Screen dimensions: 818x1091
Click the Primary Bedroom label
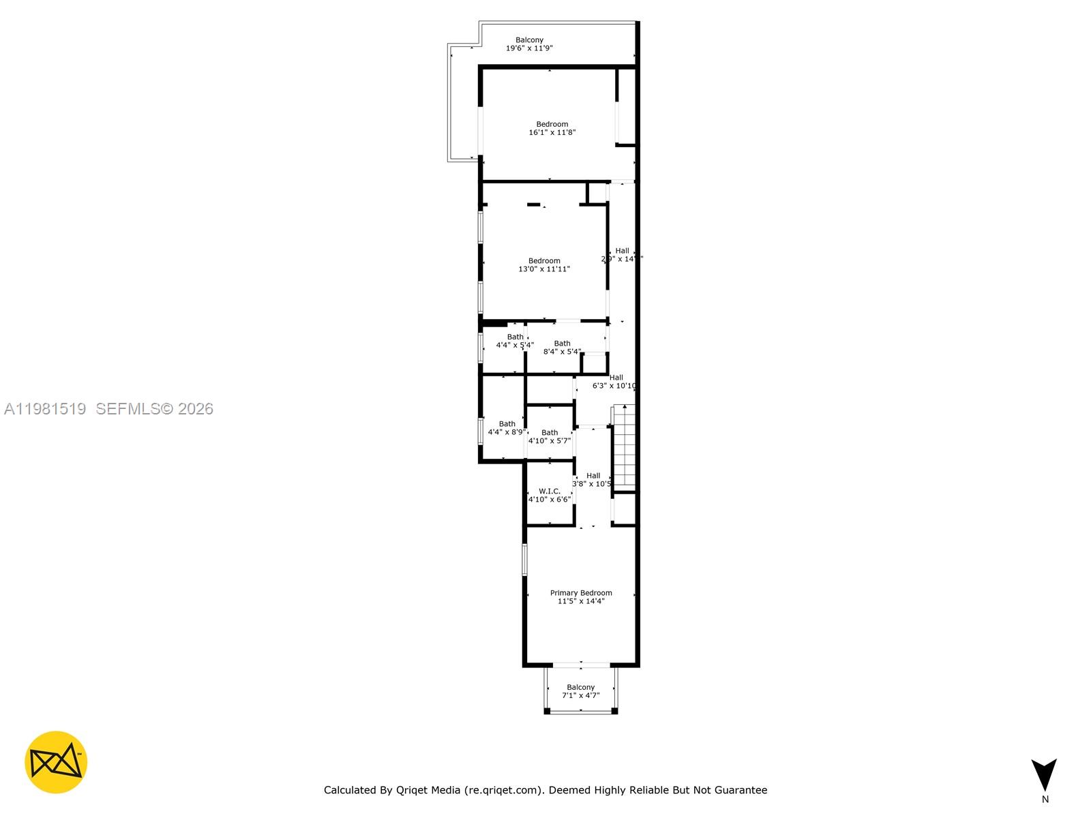tap(581, 593)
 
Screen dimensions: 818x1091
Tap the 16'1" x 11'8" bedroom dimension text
tap(552, 132)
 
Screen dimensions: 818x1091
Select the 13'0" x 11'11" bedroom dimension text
tap(544, 269)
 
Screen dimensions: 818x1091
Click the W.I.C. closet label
tap(550, 491)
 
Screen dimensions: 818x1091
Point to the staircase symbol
tap(624, 446)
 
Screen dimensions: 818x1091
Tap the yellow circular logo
tap(56, 762)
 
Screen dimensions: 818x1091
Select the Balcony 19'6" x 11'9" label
tap(529, 44)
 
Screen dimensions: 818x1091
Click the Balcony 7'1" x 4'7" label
tap(580, 691)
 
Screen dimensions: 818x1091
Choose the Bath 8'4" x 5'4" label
tap(562, 348)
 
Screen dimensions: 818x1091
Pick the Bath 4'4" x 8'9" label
tap(506, 428)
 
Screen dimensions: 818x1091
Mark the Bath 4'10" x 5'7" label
tap(550, 437)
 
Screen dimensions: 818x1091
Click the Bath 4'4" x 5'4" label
tap(515, 341)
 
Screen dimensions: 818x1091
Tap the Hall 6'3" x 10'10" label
tap(615, 382)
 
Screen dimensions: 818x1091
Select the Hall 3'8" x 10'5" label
tap(592, 480)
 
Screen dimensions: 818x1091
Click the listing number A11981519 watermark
tap(45, 409)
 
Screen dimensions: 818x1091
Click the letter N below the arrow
tap(1045, 800)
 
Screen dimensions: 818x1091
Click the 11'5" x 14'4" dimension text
tap(581, 601)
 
